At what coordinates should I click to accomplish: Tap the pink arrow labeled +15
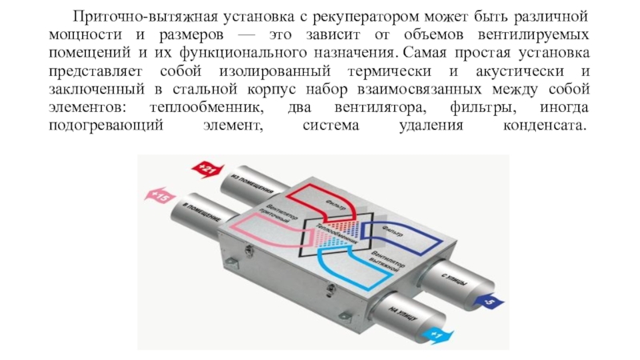pyautogui.click(x=161, y=194)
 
